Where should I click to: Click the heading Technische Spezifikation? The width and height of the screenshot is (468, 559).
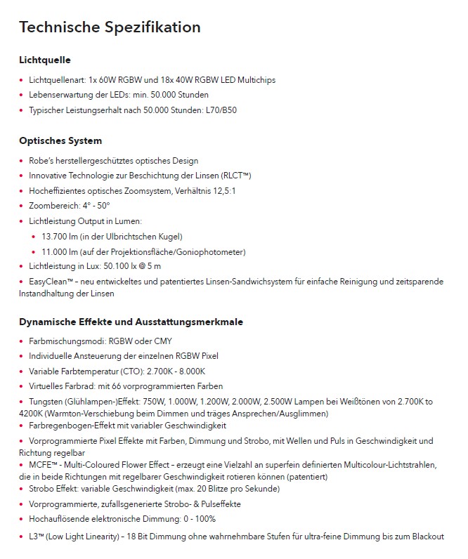[x=110, y=27]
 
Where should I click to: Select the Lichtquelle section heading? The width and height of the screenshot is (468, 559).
[x=45, y=60]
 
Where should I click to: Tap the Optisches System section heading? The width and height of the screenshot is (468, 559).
[x=60, y=140]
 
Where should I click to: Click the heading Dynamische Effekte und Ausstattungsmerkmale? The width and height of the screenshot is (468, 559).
[x=131, y=322]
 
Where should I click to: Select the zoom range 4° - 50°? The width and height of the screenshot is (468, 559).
[x=91, y=206]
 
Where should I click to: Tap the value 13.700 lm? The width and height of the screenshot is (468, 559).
[x=58, y=237]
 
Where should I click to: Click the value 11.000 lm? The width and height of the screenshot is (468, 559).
[x=58, y=251]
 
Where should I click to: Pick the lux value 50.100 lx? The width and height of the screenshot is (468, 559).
[x=119, y=267]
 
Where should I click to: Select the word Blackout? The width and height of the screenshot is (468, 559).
[x=425, y=537]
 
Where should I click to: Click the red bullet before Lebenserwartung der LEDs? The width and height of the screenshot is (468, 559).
[x=22, y=95]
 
